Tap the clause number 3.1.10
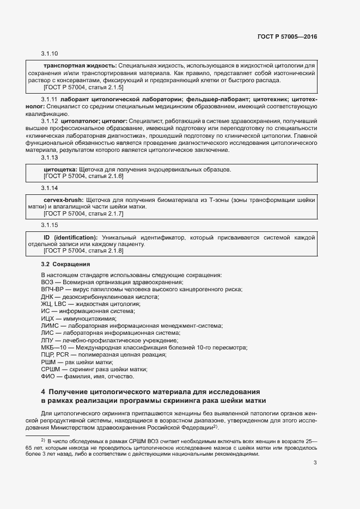(49, 54)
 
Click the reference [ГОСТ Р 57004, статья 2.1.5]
(83, 87)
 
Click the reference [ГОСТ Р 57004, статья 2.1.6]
(83, 176)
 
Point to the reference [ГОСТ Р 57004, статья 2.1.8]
(83, 252)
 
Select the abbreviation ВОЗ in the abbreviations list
(48, 282)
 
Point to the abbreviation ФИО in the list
(48, 376)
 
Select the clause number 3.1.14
(49, 188)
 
